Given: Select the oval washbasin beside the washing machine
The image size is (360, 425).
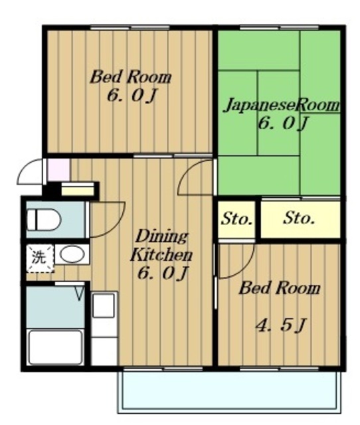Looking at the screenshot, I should pyautogui.click(x=71, y=254).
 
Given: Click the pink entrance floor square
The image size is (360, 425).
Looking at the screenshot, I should pyautogui.click(x=57, y=170).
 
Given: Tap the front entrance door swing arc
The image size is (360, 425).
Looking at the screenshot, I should pyautogui.click(x=30, y=174).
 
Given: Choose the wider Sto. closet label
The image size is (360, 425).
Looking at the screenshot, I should pyautogui.click(x=299, y=218).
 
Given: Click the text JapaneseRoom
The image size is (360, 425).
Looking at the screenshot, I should pyautogui.click(x=281, y=106).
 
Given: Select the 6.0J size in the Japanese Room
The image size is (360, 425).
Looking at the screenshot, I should pyautogui.click(x=282, y=124).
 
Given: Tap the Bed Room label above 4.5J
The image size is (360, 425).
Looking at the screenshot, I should pyautogui.click(x=279, y=289).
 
